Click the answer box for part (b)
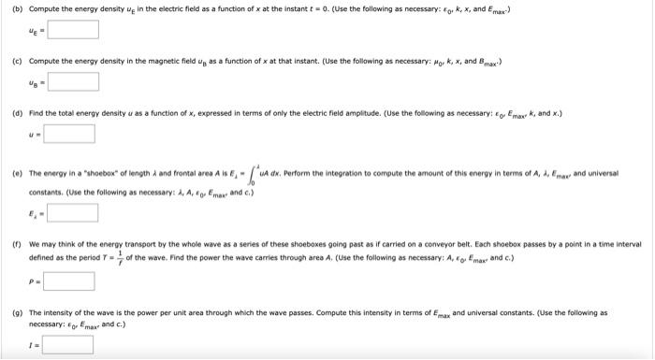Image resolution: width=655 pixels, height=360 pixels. click(73, 29)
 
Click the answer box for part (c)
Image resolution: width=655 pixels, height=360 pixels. click(73, 81)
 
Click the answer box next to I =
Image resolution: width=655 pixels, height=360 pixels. click(67, 345)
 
